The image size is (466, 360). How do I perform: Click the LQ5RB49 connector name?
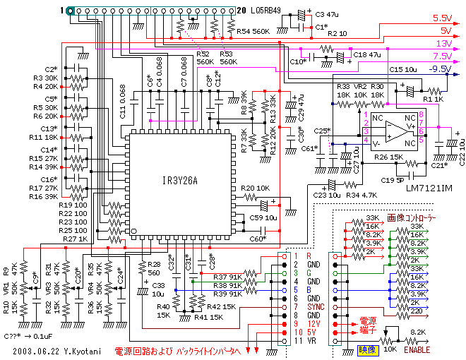265,10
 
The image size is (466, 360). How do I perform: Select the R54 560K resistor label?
252,32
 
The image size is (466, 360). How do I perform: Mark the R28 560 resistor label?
153,267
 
